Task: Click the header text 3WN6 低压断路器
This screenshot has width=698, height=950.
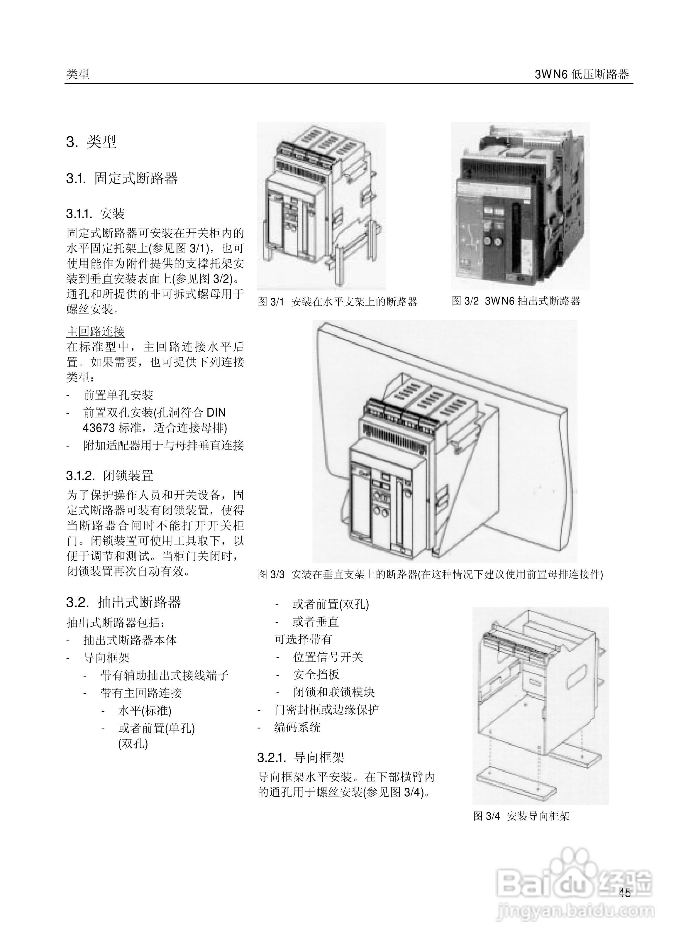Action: coord(582,75)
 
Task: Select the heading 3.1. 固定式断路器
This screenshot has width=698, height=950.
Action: coord(122,178)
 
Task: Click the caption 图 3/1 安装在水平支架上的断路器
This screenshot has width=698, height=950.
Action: coord(337,302)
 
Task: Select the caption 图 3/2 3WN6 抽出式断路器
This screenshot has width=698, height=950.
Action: coord(516,301)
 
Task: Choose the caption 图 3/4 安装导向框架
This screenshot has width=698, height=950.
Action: coord(521,816)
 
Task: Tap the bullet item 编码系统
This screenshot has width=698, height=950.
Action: coord(297,727)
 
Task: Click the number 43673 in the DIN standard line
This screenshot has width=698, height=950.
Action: coord(99,428)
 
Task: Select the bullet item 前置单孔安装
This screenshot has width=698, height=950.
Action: coord(118,395)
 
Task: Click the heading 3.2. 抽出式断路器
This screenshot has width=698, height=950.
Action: coord(123,602)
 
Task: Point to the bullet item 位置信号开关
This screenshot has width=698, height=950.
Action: coord(328,657)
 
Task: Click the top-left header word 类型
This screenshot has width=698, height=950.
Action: coord(78,75)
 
